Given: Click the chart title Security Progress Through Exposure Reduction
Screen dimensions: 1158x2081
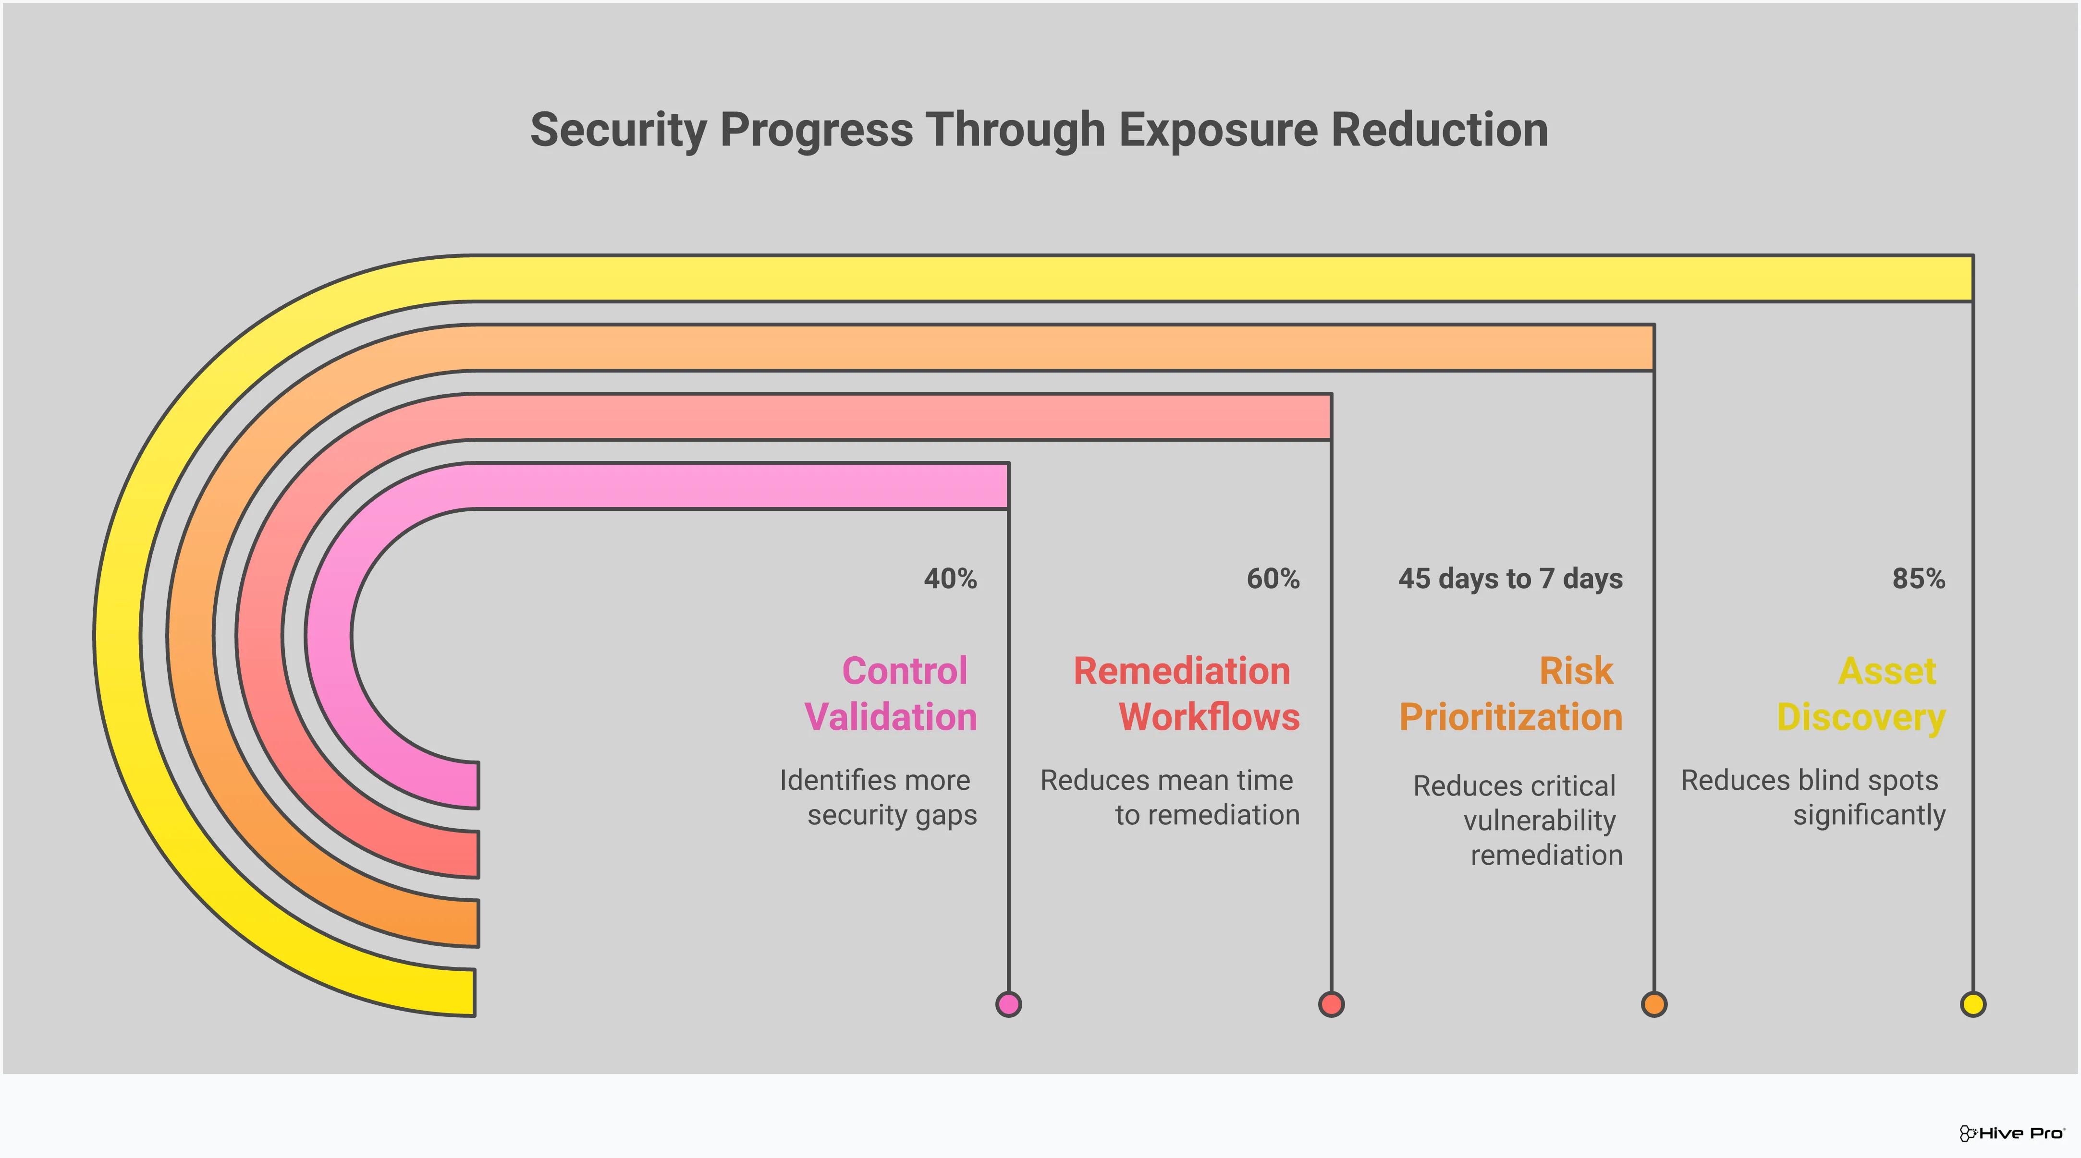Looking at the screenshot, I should [1039, 130].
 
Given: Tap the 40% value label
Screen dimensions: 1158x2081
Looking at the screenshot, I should [950, 579].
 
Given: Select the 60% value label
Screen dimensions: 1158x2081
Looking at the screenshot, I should [1273, 579].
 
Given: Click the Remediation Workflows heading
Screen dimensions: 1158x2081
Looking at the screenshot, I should [1186, 694].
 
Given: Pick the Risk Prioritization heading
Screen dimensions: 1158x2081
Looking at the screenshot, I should [1511, 694].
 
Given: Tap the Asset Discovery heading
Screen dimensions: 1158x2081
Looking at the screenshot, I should [1861, 694].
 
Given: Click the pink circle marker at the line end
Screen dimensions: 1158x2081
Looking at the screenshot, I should [1008, 1004].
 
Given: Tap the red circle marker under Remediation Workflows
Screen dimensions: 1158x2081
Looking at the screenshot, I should [1331, 1004].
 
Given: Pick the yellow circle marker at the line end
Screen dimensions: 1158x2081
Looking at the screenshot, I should [1973, 1004].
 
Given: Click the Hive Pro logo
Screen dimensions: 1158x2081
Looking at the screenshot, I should [2011, 1133].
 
